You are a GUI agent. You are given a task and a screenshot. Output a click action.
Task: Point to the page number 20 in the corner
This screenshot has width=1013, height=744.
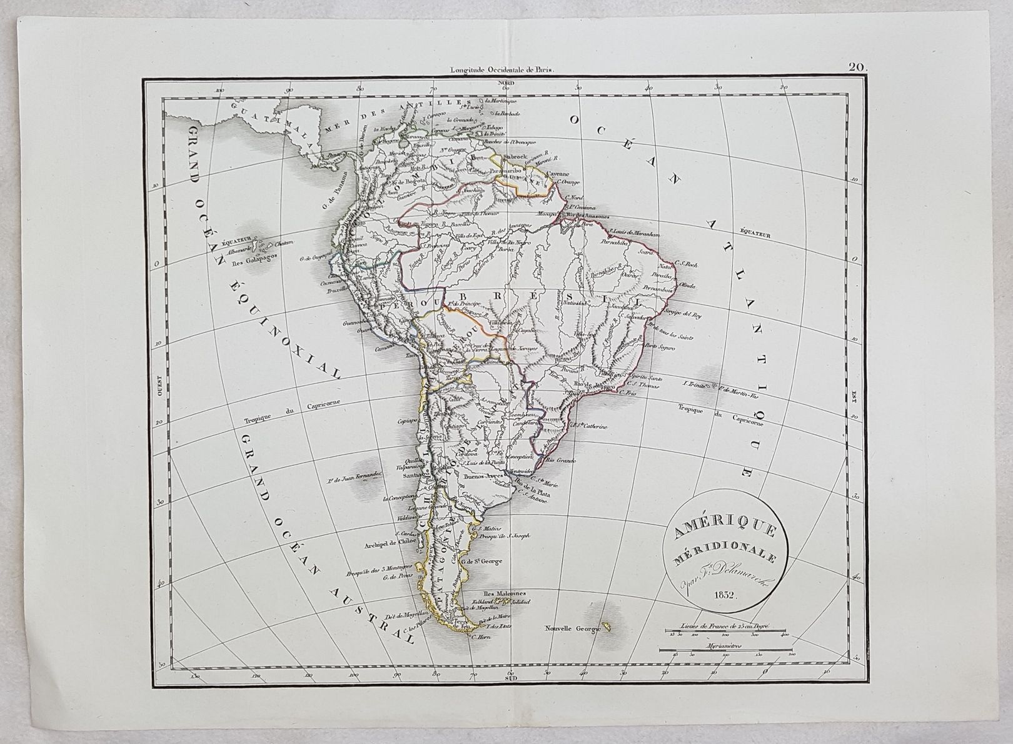(x=856, y=68)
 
